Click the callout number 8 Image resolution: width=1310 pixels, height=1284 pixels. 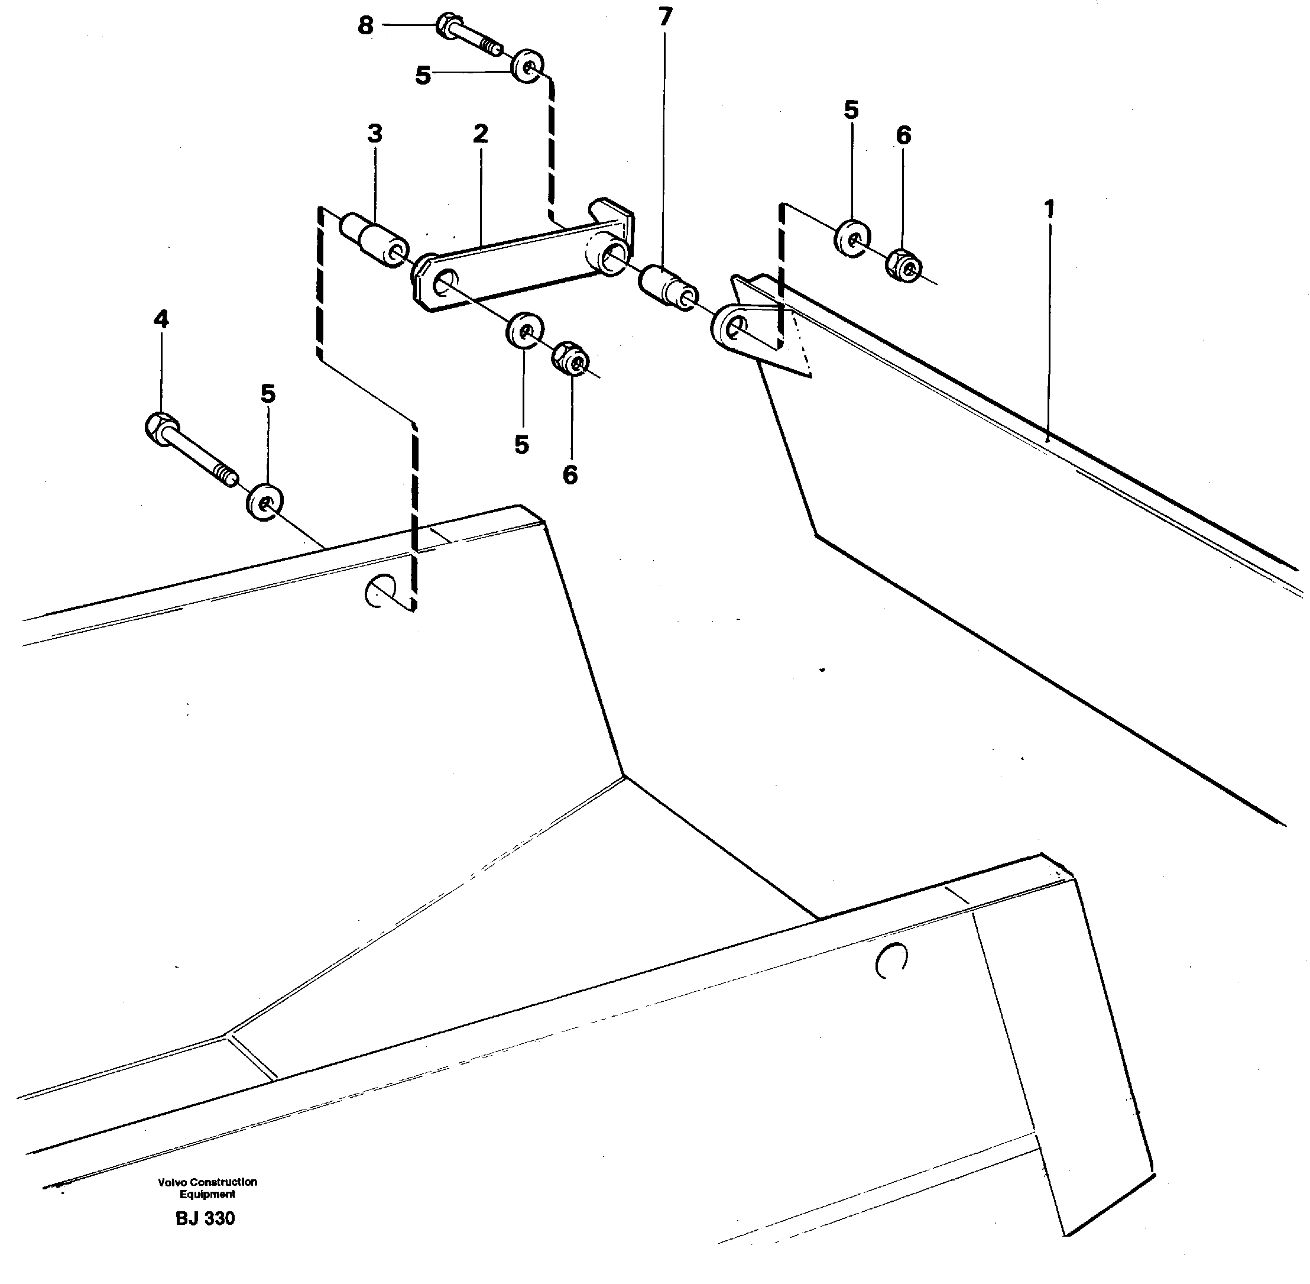[x=365, y=26]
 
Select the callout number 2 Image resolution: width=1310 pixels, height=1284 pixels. [x=479, y=134]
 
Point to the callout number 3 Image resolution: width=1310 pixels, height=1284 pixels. [x=375, y=134]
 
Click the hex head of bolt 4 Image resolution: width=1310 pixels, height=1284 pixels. [x=160, y=428]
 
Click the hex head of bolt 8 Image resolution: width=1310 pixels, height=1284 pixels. [x=447, y=25]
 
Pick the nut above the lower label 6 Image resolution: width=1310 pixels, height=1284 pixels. [x=570, y=357]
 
